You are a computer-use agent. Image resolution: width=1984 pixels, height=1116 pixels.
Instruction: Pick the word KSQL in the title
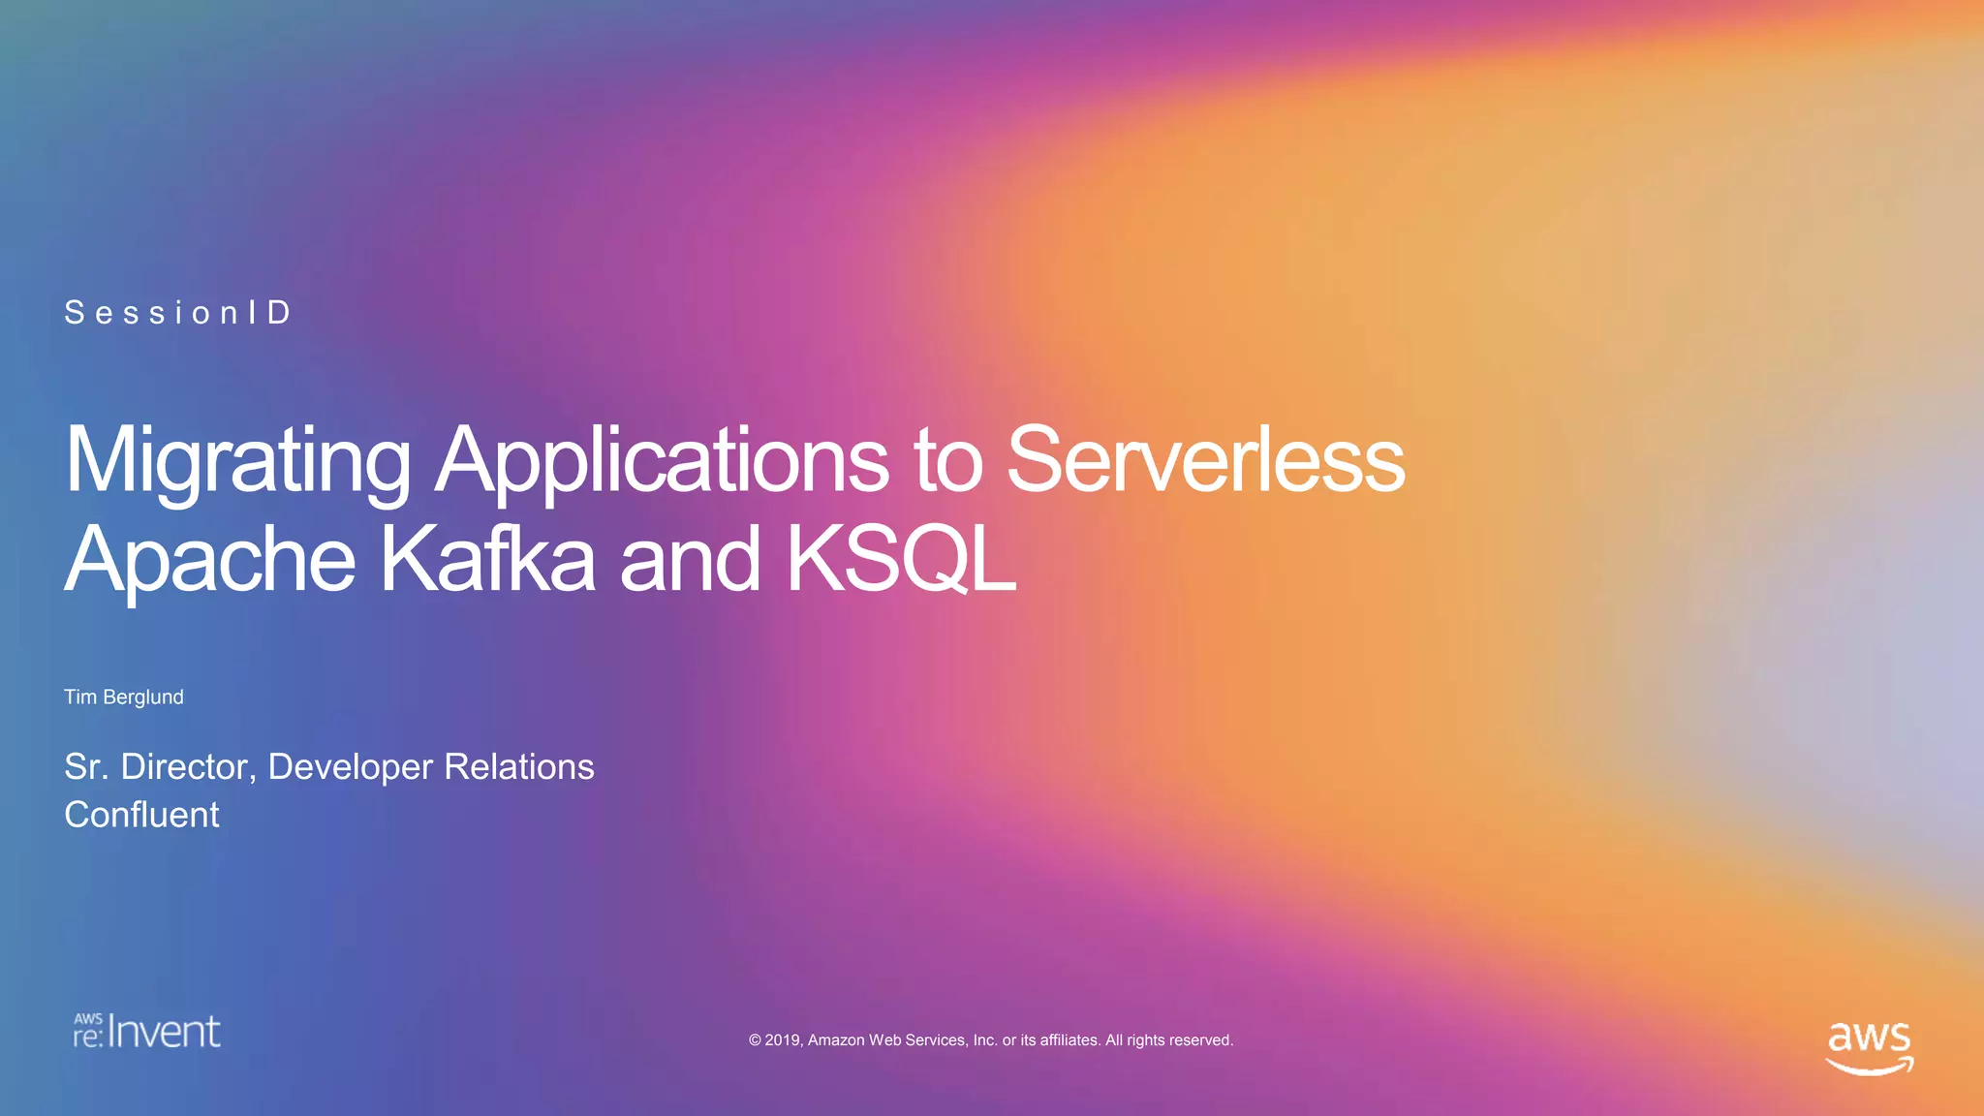[901, 559]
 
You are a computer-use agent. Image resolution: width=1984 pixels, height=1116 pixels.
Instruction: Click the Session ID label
[178, 313]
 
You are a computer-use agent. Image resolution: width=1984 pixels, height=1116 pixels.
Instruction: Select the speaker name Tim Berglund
[124, 697]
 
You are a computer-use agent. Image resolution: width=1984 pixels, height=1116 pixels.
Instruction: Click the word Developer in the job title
[350, 767]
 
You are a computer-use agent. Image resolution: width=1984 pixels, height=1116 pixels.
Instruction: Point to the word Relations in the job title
[519, 767]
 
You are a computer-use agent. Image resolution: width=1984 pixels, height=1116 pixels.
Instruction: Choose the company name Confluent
[141, 815]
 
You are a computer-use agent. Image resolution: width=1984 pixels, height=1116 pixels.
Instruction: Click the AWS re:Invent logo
[147, 1032]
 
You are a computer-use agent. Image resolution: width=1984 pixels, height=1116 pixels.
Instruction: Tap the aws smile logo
[1869, 1047]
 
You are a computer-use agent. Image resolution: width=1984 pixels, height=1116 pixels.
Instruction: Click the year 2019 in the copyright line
[782, 1040]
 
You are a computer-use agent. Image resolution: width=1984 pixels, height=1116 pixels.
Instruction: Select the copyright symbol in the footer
[755, 1040]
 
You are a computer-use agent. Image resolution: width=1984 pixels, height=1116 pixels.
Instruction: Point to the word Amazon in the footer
[836, 1040]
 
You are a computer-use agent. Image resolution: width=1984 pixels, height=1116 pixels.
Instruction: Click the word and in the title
[689, 559]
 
